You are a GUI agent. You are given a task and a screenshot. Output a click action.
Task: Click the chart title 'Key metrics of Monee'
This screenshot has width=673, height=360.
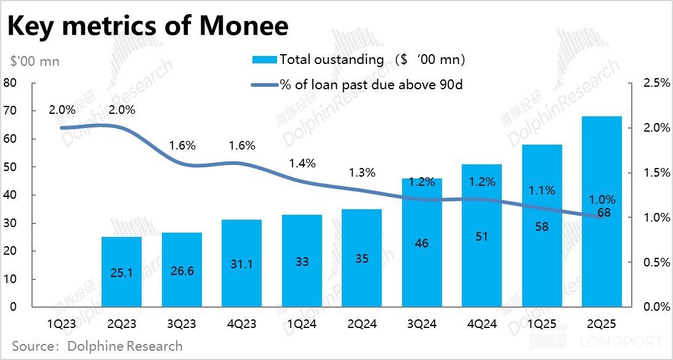tap(148, 26)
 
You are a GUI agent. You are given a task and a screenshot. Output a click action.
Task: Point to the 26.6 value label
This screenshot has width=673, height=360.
tap(181, 271)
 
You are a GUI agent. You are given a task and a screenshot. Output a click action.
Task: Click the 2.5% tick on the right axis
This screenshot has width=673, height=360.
tap(655, 83)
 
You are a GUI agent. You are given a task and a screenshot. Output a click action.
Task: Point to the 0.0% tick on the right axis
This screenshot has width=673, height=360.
tap(655, 307)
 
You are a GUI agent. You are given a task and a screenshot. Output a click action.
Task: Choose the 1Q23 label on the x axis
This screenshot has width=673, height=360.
tap(61, 323)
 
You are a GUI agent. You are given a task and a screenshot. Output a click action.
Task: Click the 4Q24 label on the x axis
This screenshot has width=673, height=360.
tap(482, 323)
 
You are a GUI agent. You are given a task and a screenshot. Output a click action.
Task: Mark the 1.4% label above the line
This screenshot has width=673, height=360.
tap(302, 164)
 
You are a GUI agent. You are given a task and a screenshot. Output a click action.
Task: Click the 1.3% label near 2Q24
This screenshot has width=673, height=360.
tap(362, 173)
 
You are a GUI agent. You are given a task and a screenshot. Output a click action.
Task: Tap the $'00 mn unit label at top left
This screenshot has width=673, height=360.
tap(36, 62)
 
